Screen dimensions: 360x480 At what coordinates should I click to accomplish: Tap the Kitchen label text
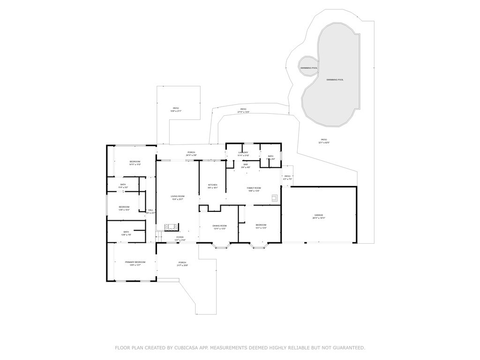point(212,185)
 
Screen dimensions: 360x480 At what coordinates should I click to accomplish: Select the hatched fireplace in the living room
point(171,227)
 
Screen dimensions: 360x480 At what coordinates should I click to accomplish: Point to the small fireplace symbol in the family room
point(275,198)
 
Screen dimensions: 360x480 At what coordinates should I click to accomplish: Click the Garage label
point(319,215)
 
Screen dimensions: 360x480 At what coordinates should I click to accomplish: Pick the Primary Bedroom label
point(135,262)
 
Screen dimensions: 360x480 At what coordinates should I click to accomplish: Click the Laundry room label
point(243,153)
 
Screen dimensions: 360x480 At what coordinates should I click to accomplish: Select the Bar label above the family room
point(246,164)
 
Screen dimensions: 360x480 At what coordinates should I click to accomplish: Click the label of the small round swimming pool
point(309,68)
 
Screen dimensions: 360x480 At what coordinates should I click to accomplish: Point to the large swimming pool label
point(335,80)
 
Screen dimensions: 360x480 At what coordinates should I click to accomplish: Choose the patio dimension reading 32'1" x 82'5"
point(324,142)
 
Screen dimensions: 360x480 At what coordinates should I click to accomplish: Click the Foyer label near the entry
point(180,237)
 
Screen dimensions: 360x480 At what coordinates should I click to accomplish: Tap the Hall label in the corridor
point(150,210)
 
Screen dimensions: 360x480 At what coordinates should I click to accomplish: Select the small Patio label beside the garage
point(287,176)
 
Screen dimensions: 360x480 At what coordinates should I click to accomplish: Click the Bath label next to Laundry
point(270,157)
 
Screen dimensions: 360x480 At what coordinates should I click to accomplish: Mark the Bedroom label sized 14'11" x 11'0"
point(135,162)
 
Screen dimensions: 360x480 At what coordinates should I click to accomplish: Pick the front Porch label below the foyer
point(182,262)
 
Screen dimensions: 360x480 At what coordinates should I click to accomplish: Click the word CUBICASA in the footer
point(187,348)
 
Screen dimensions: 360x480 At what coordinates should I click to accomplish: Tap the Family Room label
point(254,188)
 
